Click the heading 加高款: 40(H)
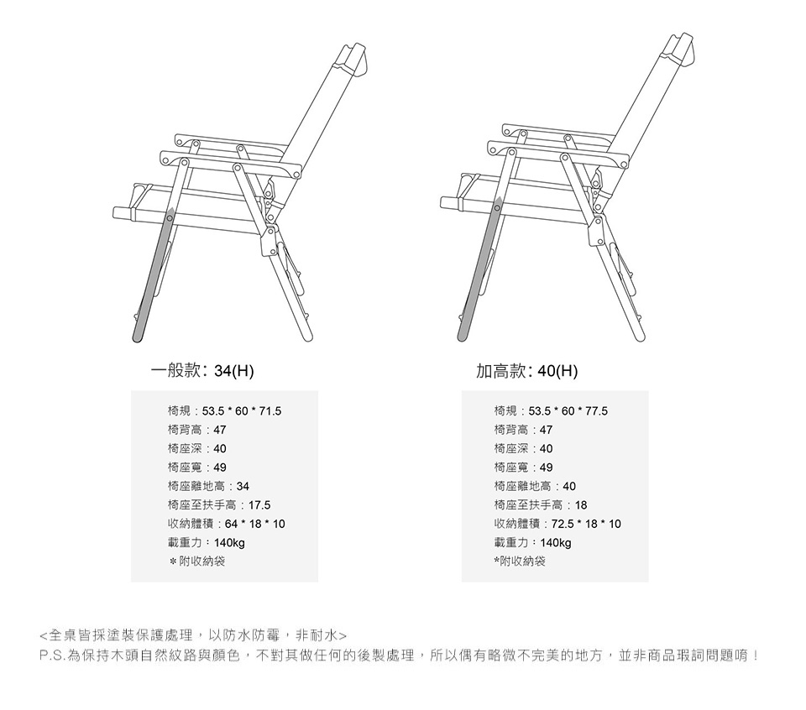528,371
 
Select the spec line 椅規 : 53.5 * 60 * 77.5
551,411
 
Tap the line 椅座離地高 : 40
535,487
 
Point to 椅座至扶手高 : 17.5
218,505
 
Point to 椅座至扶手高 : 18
541,505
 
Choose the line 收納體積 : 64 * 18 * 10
226,524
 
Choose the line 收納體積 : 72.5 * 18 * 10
557,524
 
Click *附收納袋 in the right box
520,561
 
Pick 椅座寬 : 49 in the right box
523,467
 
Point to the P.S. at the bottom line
52,655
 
